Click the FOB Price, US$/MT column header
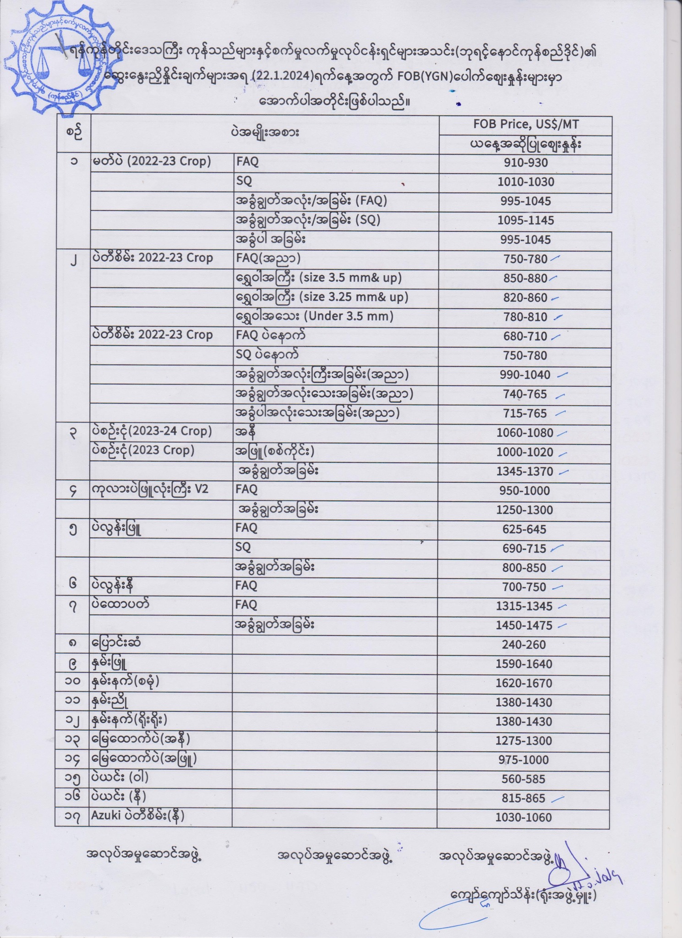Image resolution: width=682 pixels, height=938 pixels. click(x=525, y=125)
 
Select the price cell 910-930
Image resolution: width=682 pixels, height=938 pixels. click(x=525, y=163)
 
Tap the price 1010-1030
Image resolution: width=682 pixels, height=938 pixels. click(x=525, y=182)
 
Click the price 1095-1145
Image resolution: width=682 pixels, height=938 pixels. click(x=525, y=220)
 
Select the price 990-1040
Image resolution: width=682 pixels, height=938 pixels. click(x=525, y=375)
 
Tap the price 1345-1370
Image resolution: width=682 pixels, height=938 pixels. click(x=525, y=471)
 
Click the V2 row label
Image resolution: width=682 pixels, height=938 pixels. click(x=202, y=489)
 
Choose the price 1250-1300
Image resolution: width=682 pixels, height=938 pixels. click(x=525, y=510)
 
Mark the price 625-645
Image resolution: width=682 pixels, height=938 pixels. click(x=524, y=529)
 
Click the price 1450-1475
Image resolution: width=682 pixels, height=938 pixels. click(x=524, y=625)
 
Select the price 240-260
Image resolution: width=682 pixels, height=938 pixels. click(x=524, y=644)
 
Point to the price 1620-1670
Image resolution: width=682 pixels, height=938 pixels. click(x=524, y=683)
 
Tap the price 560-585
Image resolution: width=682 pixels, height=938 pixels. click(x=523, y=779)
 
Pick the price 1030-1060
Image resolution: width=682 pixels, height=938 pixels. click(x=523, y=818)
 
